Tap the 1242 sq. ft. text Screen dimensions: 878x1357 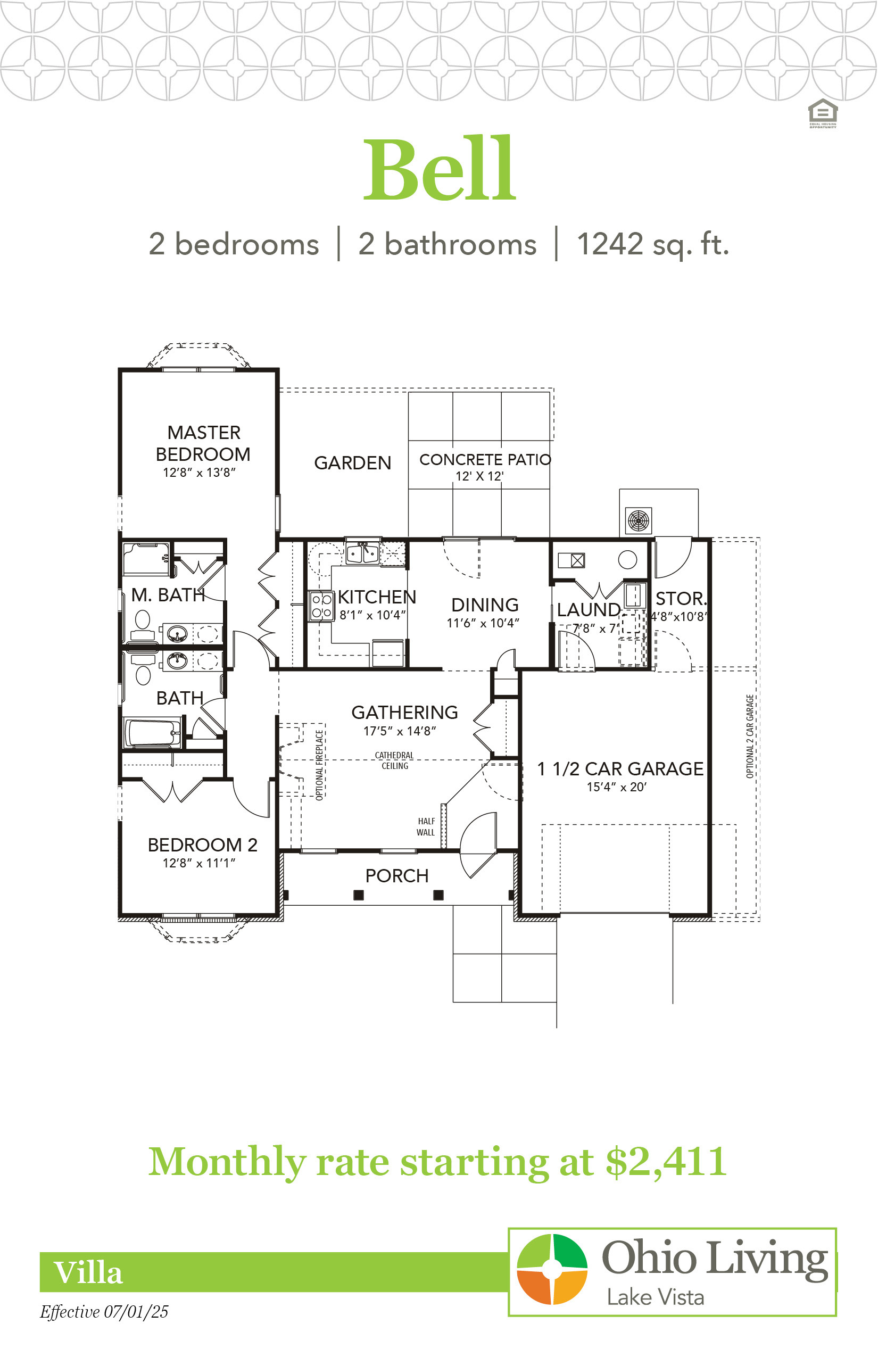click(x=653, y=245)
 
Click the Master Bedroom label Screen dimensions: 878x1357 click(x=203, y=443)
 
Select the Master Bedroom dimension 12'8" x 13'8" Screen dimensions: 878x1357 click(x=199, y=473)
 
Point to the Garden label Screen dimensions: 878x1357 click(x=352, y=463)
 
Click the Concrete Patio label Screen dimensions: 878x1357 click(x=485, y=460)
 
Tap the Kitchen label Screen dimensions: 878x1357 click(x=377, y=597)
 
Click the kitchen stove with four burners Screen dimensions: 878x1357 click(x=321, y=606)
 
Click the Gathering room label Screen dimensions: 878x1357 click(x=404, y=712)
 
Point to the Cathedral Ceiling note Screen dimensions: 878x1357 click(x=394, y=760)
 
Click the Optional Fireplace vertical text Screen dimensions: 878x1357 click(x=319, y=765)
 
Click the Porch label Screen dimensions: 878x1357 click(x=397, y=876)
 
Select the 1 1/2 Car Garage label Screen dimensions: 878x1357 click(x=620, y=768)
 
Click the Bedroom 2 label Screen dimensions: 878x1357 click(x=202, y=845)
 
